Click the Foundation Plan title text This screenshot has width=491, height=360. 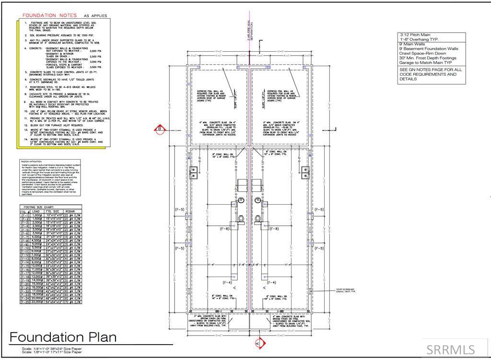click(63, 337)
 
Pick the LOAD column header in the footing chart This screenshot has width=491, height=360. click(36, 211)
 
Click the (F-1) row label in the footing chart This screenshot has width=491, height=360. click(25, 216)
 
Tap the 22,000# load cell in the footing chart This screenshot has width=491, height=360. click(37, 302)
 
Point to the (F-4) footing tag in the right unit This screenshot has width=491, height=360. click(271, 282)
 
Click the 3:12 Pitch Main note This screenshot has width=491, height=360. click(415, 35)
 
